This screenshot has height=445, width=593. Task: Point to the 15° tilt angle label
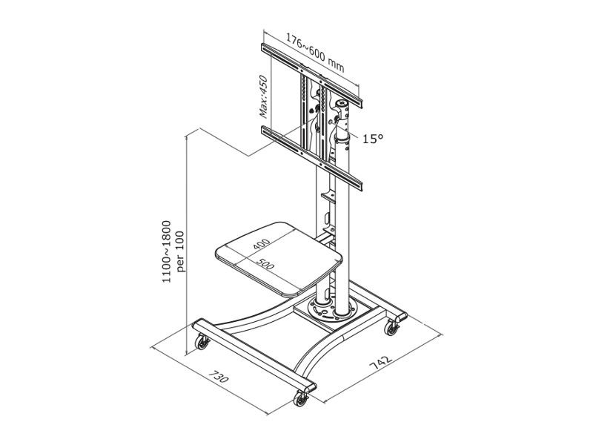tap(373, 138)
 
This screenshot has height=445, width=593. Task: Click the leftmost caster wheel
tap(201, 343)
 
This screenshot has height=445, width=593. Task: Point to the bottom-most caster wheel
tap(301, 399)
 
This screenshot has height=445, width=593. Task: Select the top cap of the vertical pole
tap(342, 104)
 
